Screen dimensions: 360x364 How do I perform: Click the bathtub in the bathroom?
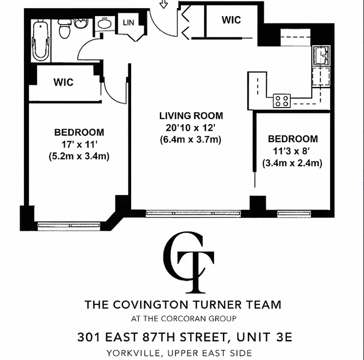point(40,40)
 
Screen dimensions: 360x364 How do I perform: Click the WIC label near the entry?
point(231,20)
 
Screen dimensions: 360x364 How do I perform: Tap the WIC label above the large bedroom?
point(63,83)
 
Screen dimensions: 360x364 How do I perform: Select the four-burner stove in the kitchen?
point(282,100)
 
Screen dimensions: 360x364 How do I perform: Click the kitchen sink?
point(322,56)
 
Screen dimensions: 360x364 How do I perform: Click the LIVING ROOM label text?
point(191,116)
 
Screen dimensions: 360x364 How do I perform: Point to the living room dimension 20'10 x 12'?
point(191,127)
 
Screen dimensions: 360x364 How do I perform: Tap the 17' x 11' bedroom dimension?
point(79,144)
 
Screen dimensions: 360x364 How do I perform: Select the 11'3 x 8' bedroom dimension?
point(293,151)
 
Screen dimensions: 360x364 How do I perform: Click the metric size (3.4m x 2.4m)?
point(293,163)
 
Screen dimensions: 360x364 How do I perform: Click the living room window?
point(193,214)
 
